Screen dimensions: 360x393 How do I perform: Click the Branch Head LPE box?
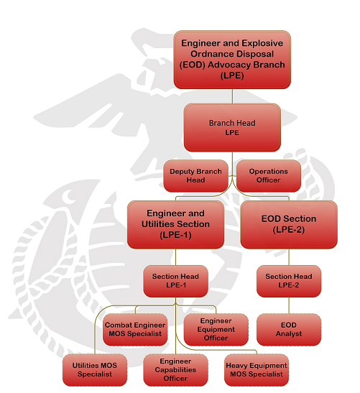pos(232,128)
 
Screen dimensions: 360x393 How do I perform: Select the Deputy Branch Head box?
pos(195,176)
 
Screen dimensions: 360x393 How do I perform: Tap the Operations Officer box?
pos(269,176)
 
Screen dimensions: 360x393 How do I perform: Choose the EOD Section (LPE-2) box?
pos(289,224)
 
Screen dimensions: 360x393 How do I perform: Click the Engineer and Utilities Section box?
pos(175,224)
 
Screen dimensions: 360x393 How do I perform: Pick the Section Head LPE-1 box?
pos(175,281)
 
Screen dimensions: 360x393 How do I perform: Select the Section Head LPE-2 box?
pos(289,281)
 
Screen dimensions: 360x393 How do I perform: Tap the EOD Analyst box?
pos(289,330)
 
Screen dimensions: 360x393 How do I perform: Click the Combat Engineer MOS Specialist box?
pos(135,330)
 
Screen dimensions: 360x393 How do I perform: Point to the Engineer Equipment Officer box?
pos(216,330)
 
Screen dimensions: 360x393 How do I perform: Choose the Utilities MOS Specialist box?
pos(95,370)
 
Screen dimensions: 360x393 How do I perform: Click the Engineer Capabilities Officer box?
pos(175,370)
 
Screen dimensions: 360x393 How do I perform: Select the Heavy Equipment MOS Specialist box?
pos(257,370)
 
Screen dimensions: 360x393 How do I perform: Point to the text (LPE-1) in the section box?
pos(175,235)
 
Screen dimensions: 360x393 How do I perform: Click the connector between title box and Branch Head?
pos(232,96)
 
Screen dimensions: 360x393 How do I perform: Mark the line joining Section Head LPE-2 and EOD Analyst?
pos(289,305)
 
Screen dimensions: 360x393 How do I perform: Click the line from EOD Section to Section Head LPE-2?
pos(289,257)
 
